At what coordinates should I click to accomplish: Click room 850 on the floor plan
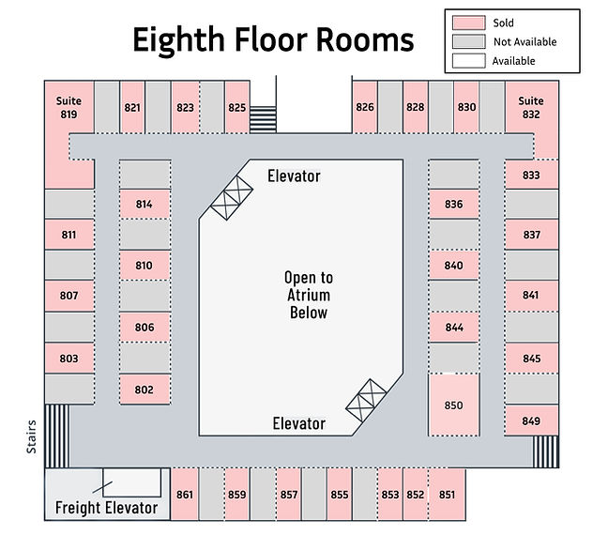click(x=454, y=405)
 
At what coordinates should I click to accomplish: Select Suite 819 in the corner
click(x=68, y=109)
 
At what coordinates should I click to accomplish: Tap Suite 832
click(x=531, y=108)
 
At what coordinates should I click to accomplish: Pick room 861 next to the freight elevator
click(x=184, y=495)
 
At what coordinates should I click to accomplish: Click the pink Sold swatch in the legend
click(x=468, y=23)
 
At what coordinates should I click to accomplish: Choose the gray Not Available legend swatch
click(x=468, y=41)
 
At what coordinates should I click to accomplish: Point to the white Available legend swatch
click(x=468, y=60)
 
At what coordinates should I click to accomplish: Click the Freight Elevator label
click(x=106, y=509)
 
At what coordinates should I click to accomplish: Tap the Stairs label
click(x=32, y=437)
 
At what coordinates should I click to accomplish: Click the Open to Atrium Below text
click(x=309, y=295)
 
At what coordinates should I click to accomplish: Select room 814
click(x=144, y=205)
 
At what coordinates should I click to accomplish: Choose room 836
click(x=454, y=205)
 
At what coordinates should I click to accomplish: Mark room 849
click(x=531, y=420)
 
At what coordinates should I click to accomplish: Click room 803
click(x=68, y=359)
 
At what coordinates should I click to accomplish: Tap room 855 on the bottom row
click(x=340, y=495)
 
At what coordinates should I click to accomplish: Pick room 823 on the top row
click(x=185, y=108)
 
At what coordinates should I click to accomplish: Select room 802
click(x=144, y=390)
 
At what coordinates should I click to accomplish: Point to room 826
click(x=365, y=108)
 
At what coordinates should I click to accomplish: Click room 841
click(x=531, y=296)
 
